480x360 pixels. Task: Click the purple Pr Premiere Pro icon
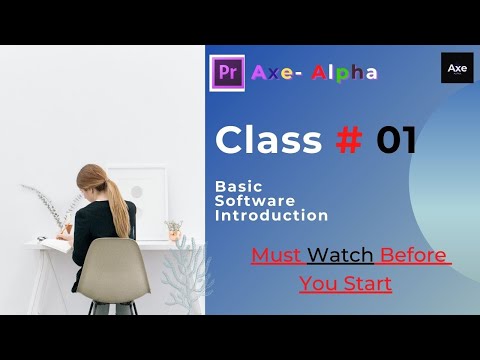(227, 72)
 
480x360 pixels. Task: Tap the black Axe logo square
(457, 68)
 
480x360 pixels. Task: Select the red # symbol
(349, 140)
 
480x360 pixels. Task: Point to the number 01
(396, 140)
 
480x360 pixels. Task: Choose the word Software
(250, 200)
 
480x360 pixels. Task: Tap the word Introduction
(271, 215)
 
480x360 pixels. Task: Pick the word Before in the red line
(414, 255)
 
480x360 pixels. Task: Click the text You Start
(345, 284)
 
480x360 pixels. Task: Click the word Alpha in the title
(345, 72)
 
